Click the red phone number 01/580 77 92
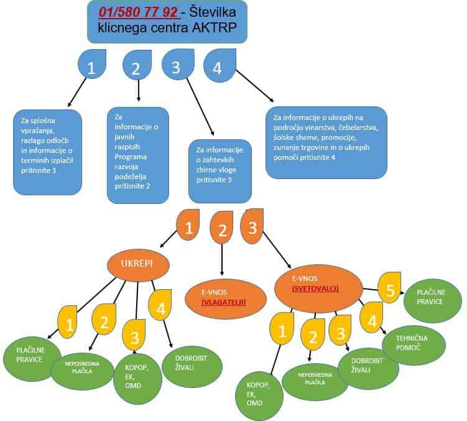click(x=138, y=12)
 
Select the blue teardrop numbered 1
click(x=92, y=67)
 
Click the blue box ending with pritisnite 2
click(x=138, y=155)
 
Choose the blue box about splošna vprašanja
click(x=47, y=151)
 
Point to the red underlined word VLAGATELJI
click(x=224, y=302)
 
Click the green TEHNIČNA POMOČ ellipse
click(x=413, y=341)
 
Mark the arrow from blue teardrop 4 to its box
click(x=254, y=85)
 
